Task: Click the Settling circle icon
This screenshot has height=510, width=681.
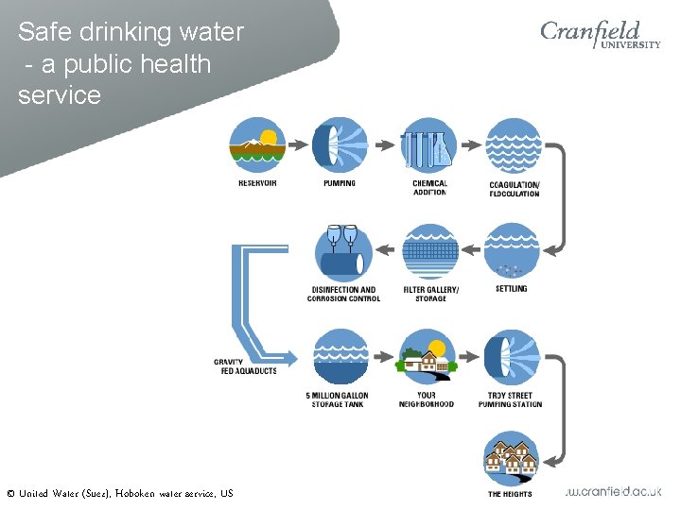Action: click(x=512, y=250)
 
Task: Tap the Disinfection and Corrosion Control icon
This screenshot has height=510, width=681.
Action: click(x=341, y=251)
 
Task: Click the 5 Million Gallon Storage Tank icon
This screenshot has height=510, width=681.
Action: click(x=340, y=357)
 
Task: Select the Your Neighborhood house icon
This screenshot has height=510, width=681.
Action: click(x=428, y=357)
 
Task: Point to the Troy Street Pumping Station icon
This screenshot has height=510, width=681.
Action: click(x=512, y=357)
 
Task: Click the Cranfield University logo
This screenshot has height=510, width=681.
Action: click(x=600, y=35)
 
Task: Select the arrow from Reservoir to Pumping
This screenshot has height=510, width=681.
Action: click(x=299, y=145)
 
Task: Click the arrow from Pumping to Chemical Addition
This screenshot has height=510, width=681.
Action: click(x=384, y=145)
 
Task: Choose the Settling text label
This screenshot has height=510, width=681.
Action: click(x=512, y=289)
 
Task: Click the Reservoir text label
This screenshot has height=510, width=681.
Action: click(x=257, y=183)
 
